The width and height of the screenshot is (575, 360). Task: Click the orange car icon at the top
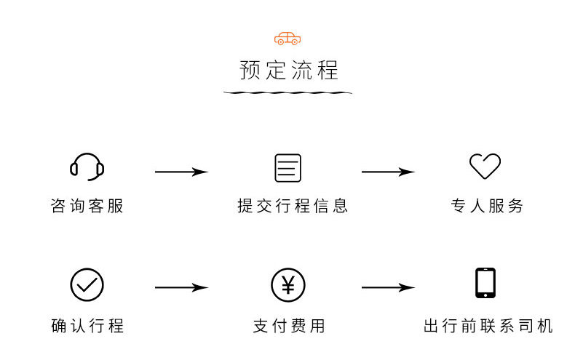point(287,39)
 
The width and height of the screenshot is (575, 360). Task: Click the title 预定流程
point(289,71)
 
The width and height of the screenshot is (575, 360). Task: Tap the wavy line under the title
point(287,93)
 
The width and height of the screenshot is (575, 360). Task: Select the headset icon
point(87,167)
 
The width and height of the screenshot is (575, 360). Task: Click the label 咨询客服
point(87,206)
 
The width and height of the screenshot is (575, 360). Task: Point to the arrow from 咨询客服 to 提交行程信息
point(182,172)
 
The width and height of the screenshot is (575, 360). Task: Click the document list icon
point(287,168)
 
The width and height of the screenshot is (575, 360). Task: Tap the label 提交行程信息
point(293,206)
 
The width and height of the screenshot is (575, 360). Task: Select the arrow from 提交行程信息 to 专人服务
point(388,172)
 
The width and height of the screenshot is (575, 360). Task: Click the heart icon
point(485,167)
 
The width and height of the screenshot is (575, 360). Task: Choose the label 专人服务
point(487,206)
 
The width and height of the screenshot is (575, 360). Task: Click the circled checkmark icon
point(87,285)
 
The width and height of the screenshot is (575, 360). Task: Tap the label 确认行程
point(87,325)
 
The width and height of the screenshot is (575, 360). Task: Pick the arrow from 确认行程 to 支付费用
point(182,288)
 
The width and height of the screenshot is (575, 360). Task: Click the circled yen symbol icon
point(287,285)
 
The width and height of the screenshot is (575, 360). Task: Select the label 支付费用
point(289,325)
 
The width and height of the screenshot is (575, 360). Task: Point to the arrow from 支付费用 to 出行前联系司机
point(388,288)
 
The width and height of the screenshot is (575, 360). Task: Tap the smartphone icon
point(485,284)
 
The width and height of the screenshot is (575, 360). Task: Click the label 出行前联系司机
point(488,325)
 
